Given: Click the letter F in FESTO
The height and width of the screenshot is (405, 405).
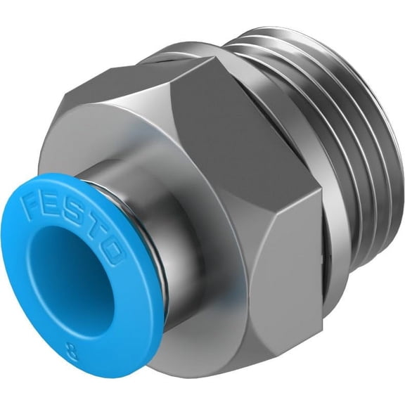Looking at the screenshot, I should coord(32,205).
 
